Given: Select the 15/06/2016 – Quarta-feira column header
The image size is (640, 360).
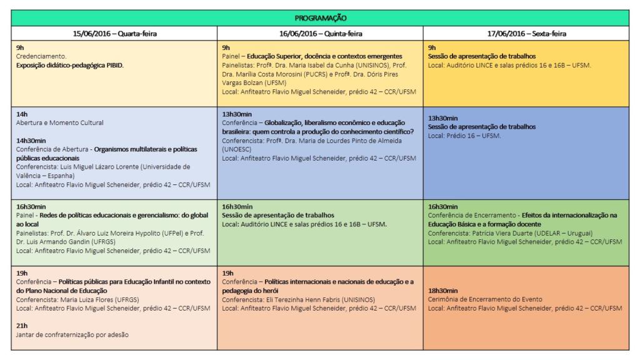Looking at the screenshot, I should [114, 34].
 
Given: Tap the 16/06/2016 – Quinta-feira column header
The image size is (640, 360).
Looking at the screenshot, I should [320, 34].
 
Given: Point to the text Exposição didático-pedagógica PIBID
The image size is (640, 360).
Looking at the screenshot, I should [70, 64].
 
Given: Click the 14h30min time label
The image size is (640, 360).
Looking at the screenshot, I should [32, 141].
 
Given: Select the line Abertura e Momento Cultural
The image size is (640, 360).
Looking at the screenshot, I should [59, 123].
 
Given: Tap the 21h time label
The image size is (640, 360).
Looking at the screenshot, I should [22, 326].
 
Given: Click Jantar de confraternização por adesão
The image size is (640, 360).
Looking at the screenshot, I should [72, 334].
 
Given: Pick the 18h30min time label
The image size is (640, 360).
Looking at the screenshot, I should [442, 291].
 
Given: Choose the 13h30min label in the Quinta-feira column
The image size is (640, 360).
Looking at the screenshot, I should [237, 114].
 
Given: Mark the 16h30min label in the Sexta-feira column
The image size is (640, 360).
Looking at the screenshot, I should [442, 206].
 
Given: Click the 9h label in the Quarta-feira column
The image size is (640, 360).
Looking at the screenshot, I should [20, 47].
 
